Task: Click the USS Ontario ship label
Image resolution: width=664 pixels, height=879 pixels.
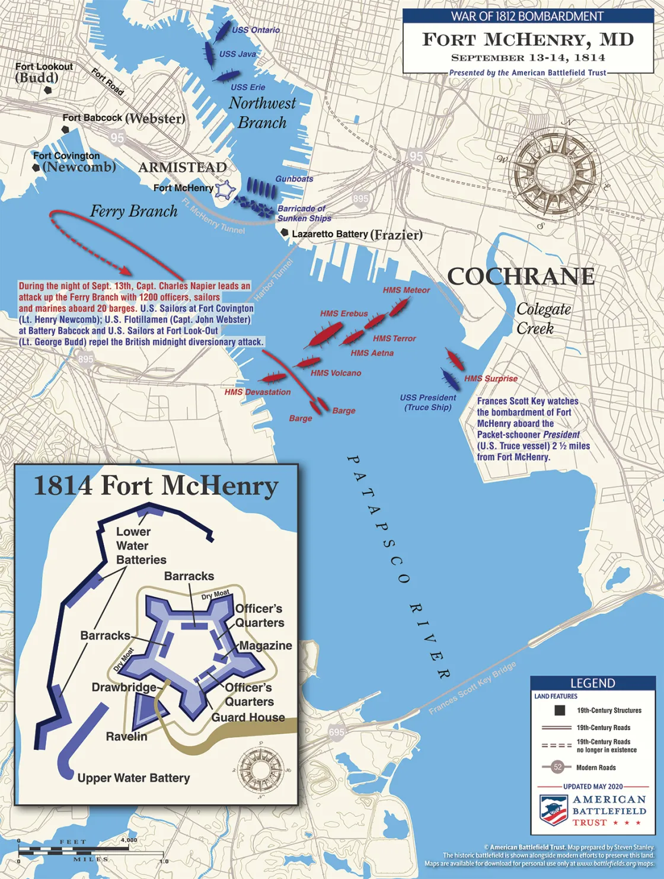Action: tap(256, 30)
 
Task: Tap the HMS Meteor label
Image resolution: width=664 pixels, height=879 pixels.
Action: tap(406, 290)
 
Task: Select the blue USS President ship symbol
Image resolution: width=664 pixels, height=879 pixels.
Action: tap(450, 379)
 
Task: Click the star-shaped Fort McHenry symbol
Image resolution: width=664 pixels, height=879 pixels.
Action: tap(225, 190)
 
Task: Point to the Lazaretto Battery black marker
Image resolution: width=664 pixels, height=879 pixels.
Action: tap(285, 233)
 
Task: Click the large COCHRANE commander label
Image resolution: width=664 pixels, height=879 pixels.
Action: tap(521, 277)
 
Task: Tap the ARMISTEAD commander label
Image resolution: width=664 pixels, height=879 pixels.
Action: tap(183, 168)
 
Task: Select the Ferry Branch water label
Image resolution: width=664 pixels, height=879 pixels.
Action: tap(134, 212)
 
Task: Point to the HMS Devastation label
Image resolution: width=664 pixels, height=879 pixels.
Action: tap(257, 392)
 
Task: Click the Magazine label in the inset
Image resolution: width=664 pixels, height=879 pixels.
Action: tap(266, 645)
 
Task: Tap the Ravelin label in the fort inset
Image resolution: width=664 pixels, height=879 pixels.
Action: tap(126, 737)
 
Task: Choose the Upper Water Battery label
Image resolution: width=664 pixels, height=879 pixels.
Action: tap(133, 778)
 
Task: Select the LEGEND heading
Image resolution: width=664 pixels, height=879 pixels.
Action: tap(592, 683)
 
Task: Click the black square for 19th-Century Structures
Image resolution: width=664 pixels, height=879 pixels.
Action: tap(558, 710)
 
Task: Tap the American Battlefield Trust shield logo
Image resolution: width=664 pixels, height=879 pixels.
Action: tap(554, 810)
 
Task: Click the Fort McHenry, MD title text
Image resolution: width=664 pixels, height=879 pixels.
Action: tap(528, 40)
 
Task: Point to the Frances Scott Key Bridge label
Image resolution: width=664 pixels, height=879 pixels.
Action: tap(473, 688)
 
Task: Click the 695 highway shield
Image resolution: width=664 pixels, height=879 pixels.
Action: tap(336, 732)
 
